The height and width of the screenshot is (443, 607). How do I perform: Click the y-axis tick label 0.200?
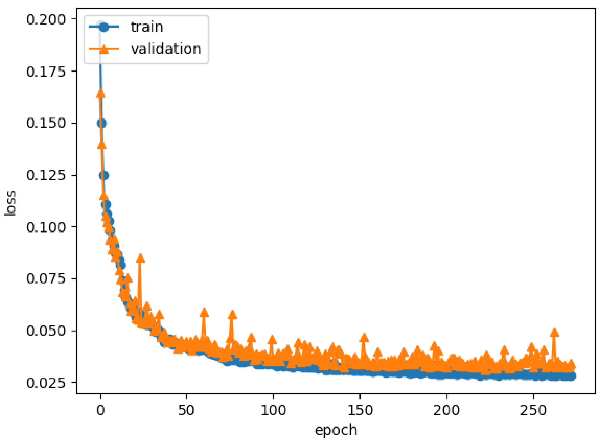click(46, 20)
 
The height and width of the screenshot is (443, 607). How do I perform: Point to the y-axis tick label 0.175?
click(46, 72)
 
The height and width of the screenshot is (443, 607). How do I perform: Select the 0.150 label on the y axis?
click(46, 123)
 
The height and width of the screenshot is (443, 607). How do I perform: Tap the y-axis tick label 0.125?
click(46, 175)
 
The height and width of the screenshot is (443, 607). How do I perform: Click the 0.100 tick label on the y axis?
click(46, 227)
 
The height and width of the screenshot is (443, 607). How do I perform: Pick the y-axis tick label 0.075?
click(46, 278)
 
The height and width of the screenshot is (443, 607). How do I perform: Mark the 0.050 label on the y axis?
click(46, 331)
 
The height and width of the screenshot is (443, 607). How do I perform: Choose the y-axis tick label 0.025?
click(46, 383)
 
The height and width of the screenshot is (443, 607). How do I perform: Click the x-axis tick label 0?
click(101, 410)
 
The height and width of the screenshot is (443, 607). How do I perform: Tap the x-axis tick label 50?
click(186, 410)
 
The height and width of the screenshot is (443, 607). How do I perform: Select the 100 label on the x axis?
click(273, 410)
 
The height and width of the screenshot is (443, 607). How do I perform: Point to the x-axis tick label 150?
click(360, 410)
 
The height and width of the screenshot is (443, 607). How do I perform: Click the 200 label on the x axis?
click(446, 410)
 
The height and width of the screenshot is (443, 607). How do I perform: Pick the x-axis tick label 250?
click(533, 410)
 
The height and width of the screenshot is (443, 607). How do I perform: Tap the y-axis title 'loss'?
click(11, 203)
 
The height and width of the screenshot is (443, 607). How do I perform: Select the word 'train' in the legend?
click(147, 27)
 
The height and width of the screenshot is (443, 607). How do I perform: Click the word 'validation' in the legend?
click(166, 49)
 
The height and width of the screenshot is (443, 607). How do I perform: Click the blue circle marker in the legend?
click(104, 27)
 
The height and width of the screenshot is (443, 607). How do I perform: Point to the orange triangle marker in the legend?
click(104, 49)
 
